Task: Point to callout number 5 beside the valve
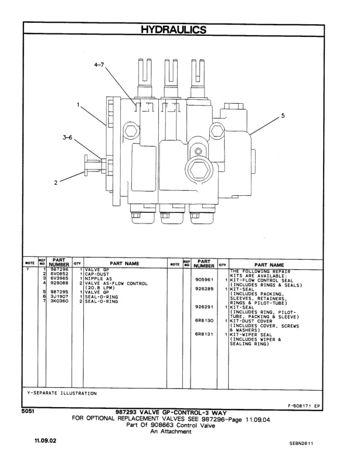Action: tap(283, 116)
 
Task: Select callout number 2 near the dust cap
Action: tap(56, 182)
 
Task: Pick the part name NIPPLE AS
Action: tap(94, 279)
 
